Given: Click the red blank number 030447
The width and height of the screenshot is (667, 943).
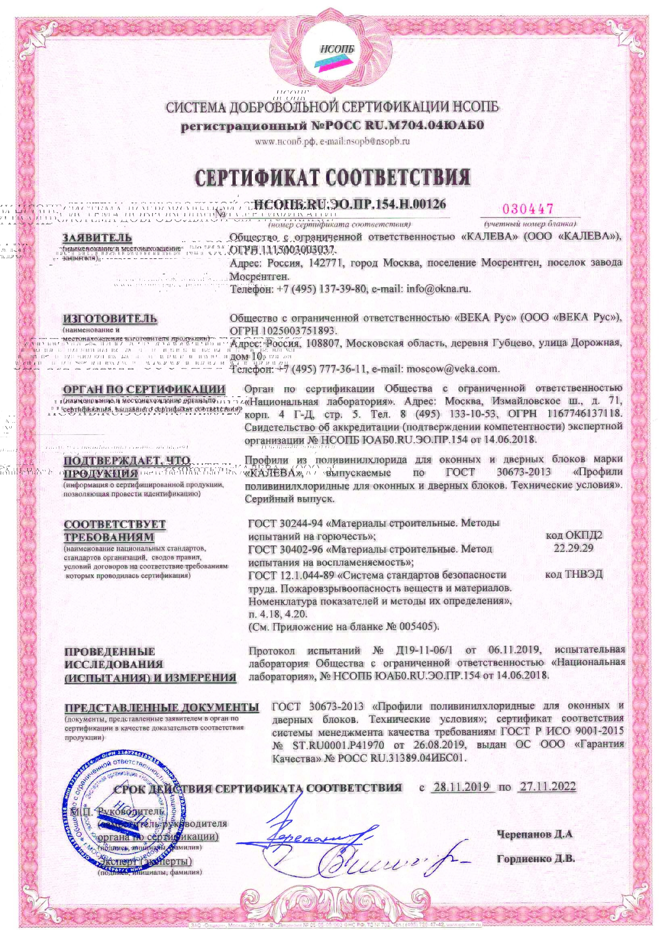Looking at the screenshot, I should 528,209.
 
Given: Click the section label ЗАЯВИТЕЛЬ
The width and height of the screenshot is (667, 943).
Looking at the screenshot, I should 97,238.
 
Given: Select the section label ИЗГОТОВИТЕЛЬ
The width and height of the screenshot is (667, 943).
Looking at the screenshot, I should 110,318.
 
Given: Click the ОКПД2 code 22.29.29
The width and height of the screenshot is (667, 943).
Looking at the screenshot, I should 574,548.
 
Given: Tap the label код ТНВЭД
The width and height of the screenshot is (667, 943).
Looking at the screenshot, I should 574,574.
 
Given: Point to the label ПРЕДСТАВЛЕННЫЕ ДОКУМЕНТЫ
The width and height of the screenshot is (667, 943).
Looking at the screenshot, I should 161,708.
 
